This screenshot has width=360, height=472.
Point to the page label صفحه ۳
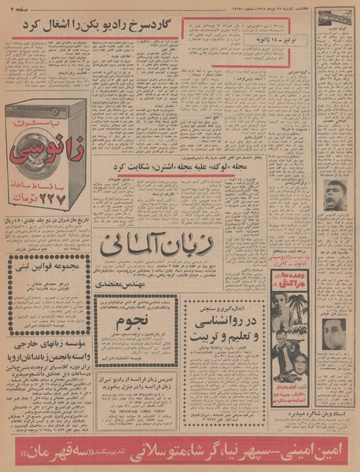click(16, 8)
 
